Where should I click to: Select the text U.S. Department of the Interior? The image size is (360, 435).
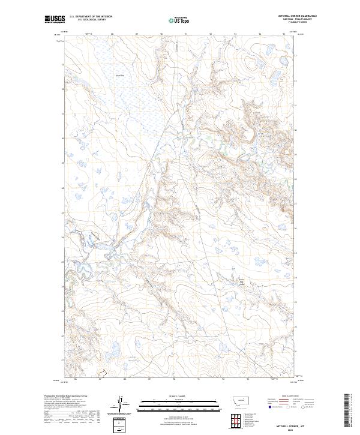[x=91, y=17]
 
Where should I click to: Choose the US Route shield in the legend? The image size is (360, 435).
[x=287, y=407]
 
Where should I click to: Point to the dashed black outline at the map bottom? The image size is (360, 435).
[x=102, y=375]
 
